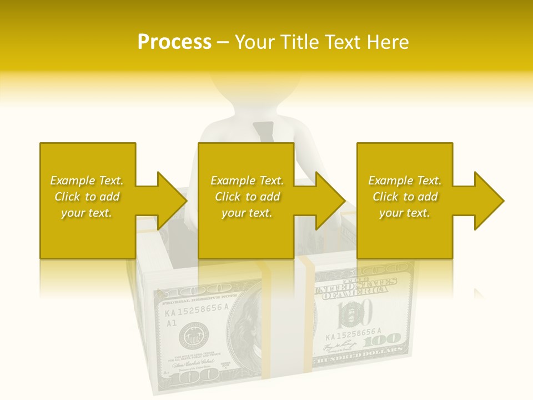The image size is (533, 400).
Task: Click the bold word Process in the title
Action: click(174, 42)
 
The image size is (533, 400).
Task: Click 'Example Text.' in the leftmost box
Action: click(87, 181)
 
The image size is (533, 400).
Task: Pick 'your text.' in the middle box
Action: click(247, 213)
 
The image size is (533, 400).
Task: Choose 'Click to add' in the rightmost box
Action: click(405, 197)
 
